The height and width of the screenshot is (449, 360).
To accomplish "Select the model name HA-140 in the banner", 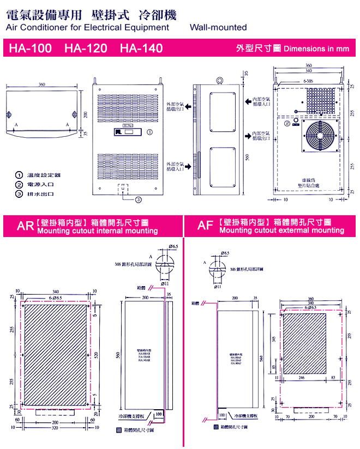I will click(141, 48).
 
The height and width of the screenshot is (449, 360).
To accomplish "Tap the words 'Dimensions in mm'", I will click(316, 48).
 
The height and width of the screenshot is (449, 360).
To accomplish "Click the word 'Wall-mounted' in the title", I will click(218, 27).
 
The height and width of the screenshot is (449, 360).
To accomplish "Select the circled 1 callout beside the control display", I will click(150, 131).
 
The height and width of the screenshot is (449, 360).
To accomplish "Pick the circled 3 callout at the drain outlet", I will click(139, 199).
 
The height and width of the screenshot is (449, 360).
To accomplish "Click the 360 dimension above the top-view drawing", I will click(42, 84).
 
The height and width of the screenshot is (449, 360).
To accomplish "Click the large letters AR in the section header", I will click(25, 226).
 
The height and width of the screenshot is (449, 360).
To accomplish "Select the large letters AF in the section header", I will click(205, 226).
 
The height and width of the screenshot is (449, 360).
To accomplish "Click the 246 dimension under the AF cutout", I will click(301, 377).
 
